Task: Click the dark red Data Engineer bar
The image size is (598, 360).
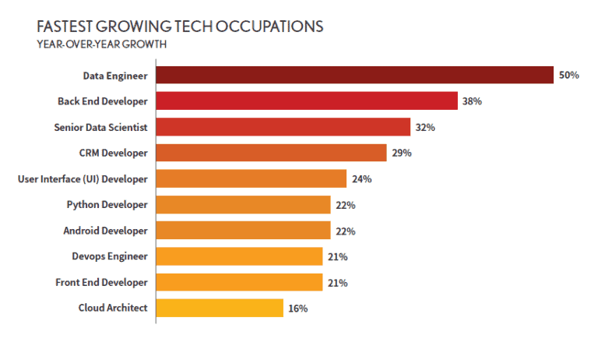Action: point(354,75)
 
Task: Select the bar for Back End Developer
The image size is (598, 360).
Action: point(307,101)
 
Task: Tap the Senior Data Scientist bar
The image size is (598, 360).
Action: point(283,127)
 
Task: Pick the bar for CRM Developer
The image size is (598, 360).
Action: point(271,153)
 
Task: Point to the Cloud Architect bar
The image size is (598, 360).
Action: point(220,308)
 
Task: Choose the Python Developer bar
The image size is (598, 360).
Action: point(243,205)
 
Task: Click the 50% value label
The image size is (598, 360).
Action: point(568,76)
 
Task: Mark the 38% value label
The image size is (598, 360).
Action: point(473,101)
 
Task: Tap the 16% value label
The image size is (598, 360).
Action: point(298,309)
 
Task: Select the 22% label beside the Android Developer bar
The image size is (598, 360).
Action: point(346,231)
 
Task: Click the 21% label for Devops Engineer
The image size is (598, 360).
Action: point(338,257)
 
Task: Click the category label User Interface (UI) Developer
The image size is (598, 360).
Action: point(83,179)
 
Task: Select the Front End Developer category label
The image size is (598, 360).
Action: point(101,282)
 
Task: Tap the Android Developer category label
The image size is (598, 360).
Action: point(105,231)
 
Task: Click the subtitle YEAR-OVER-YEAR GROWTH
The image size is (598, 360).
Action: point(101,44)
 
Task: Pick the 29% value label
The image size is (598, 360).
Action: point(402,153)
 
